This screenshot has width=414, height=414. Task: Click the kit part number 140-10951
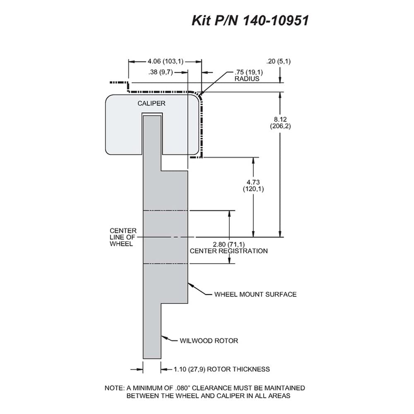(275, 20)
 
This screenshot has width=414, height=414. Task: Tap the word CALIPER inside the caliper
(151, 103)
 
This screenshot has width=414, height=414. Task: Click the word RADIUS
(247, 79)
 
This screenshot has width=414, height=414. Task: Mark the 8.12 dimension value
(280, 119)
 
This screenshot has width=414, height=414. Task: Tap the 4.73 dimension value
(253, 182)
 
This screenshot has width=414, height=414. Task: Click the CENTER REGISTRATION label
(229, 251)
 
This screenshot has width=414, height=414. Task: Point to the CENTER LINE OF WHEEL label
(123, 237)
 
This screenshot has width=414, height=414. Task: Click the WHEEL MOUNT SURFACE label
(255, 294)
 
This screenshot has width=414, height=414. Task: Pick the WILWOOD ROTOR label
(209, 341)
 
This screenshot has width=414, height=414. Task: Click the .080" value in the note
(183, 388)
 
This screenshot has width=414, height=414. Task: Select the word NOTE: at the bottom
(115, 388)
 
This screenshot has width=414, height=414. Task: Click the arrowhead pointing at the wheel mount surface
(190, 285)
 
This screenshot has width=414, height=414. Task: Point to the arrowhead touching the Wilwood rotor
(164, 337)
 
